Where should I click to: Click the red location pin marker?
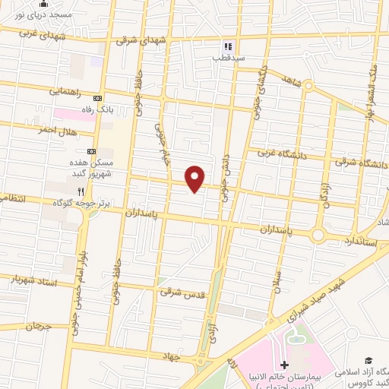pos(195,178)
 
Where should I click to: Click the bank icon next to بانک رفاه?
pos(97,98)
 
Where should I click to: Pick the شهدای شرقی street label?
pos(139,42)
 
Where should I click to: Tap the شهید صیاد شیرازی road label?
pos(311,302)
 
